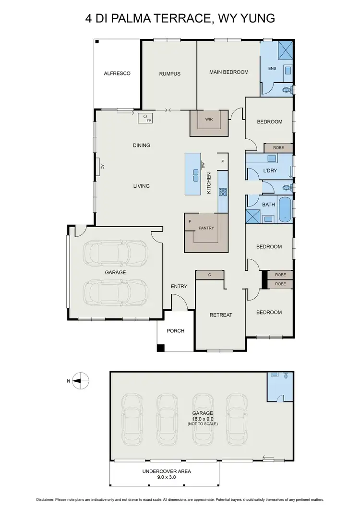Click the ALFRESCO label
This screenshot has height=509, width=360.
tap(117, 73)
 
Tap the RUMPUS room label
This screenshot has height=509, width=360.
tap(169, 73)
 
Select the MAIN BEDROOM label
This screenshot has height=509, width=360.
tap(228, 72)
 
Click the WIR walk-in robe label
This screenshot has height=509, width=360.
tap(208, 119)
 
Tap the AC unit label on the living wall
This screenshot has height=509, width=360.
tap(102, 167)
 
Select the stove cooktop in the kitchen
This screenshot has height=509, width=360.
tap(223, 192)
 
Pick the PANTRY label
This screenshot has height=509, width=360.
tap(206, 228)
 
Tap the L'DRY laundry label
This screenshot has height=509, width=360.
tap(270, 170)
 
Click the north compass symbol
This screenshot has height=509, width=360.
tap(82, 380)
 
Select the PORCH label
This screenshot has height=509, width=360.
tap(175, 330)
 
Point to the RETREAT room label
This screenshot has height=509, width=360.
tap(221, 315)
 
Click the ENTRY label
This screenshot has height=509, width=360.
tap(179, 287)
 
